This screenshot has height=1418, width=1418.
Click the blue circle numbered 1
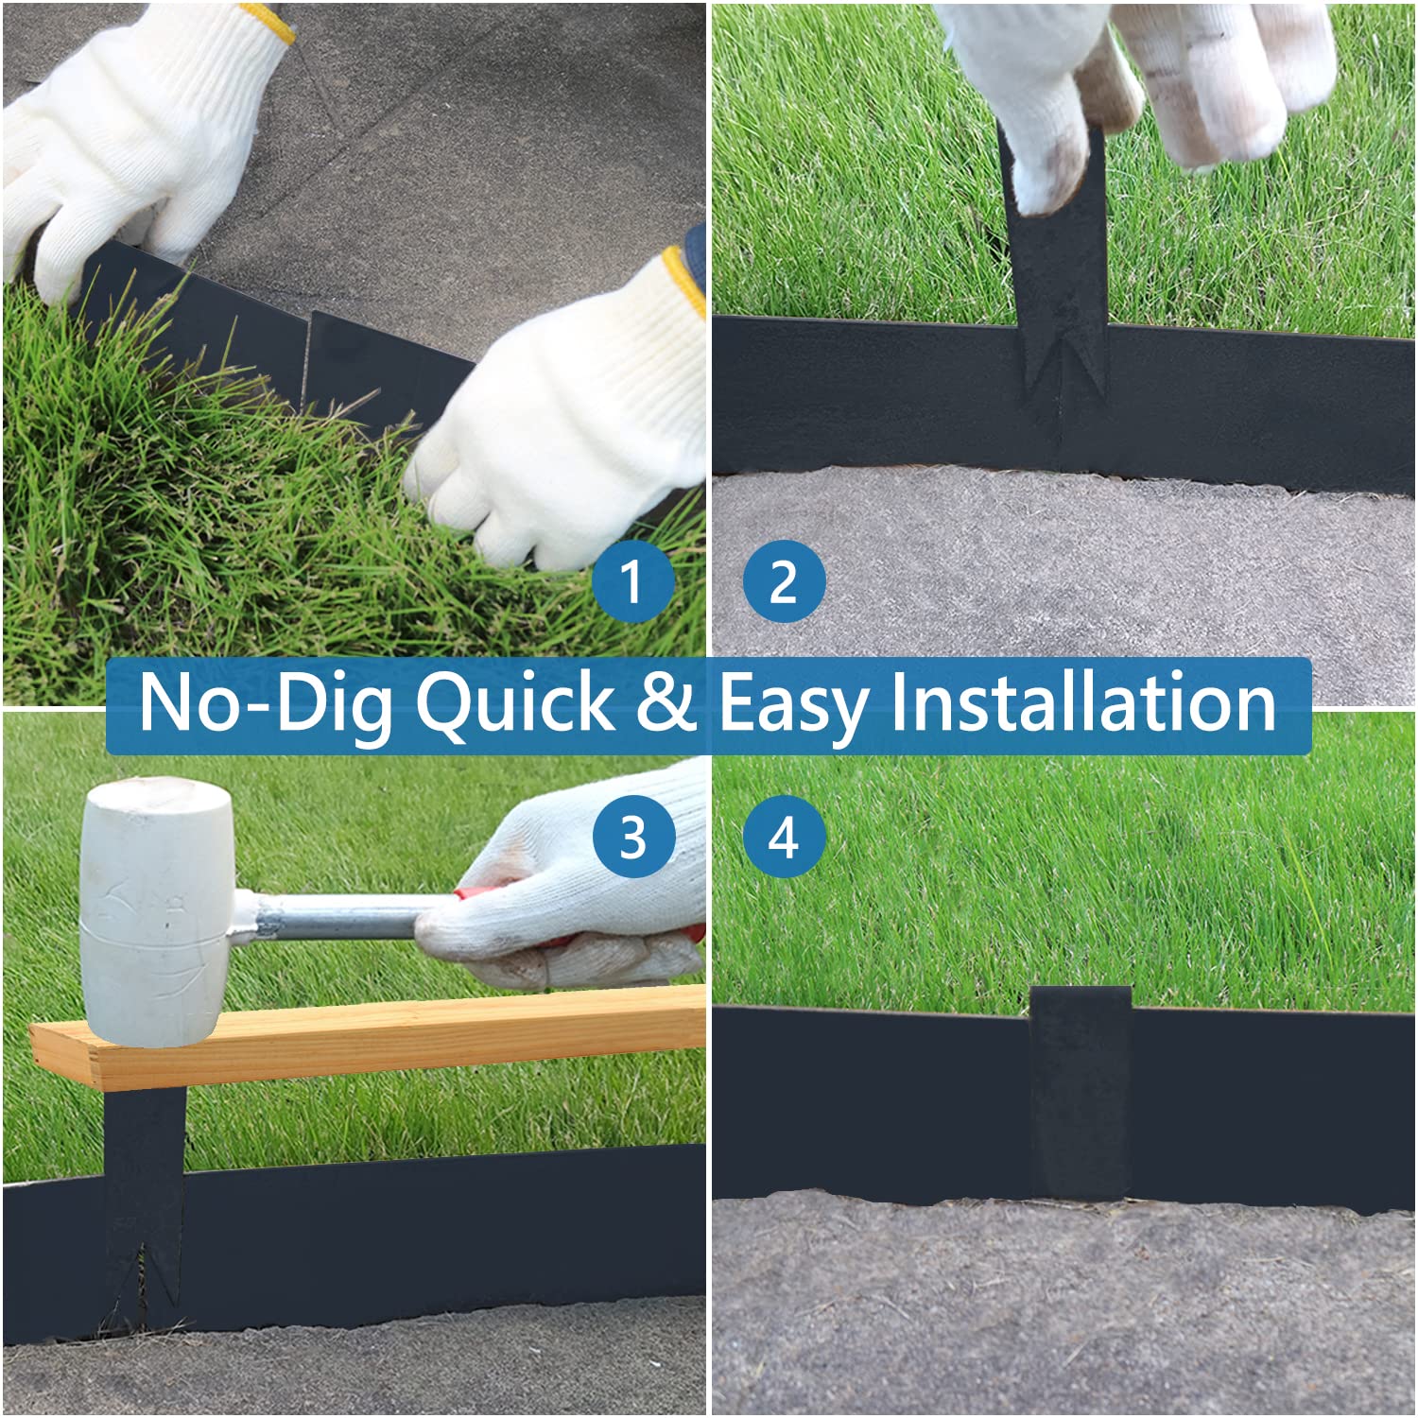point(633,580)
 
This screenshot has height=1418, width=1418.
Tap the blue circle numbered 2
point(785,580)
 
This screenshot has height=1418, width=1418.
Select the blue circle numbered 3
point(633,837)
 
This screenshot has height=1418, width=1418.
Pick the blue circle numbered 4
point(785,837)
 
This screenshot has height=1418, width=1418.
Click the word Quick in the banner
point(515,704)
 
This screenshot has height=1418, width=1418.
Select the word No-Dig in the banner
point(267,704)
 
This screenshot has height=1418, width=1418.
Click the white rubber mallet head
point(155,912)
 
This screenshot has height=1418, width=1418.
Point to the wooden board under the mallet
point(369,1035)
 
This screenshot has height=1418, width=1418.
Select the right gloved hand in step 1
point(567,406)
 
